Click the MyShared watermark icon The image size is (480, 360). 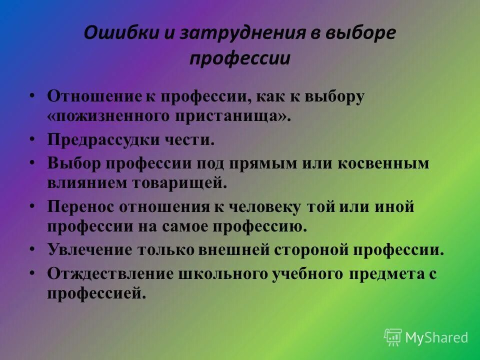393,337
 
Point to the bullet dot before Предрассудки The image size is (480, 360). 32,139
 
